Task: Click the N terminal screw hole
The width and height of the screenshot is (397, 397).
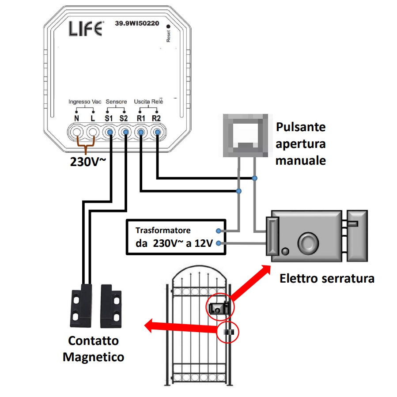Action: [77, 132]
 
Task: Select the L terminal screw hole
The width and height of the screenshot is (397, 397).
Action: [93, 132]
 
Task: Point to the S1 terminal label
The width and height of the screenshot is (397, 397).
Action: [109, 118]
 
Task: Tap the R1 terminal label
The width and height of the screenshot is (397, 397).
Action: [141, 118]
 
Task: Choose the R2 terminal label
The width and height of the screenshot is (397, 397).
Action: [156, 118]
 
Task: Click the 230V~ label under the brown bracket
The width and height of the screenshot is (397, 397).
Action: [88, 162]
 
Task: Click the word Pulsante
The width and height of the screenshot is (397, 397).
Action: [301, 127]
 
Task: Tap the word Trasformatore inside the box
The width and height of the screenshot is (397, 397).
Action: [163, 231]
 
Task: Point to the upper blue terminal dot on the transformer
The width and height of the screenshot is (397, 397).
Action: [218, 231]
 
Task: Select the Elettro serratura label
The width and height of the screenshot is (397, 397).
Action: [327, 279]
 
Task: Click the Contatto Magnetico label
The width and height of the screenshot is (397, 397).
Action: [93, 349]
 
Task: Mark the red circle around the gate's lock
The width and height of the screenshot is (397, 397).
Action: [220, 306]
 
